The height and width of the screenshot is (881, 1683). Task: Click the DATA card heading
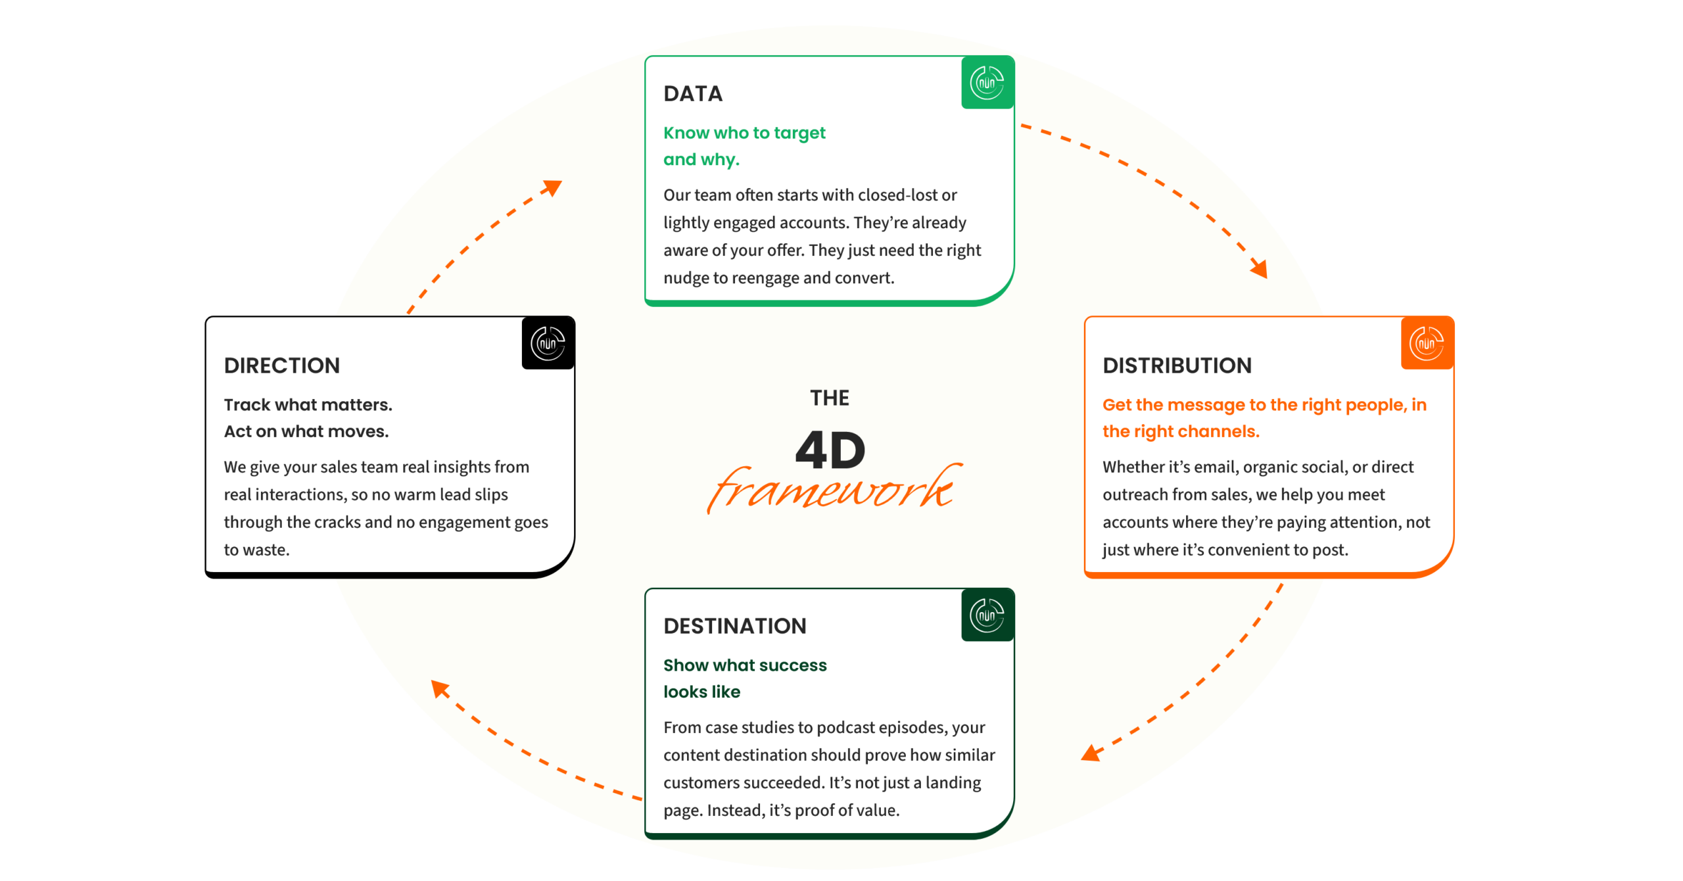[x=692, y=94]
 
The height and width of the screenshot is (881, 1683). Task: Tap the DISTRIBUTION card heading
[x=1176, y=366]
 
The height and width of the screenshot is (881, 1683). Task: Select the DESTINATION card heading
[x=734, y=626]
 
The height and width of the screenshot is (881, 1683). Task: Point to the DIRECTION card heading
[x=281, y=366]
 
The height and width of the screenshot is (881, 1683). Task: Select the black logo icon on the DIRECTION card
[x=547, y=343]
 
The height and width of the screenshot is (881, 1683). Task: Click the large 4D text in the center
[x=830, y=451]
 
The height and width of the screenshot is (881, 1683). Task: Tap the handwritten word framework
[x=832, y=490]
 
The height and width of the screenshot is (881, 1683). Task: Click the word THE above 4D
[x=829, y=398]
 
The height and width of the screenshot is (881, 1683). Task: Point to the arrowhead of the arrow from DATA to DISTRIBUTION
[x=1260, y=268]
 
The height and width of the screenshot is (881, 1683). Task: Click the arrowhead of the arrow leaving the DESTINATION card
[x=440, y=689]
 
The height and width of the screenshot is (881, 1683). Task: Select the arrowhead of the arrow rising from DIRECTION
[x=553, y=188]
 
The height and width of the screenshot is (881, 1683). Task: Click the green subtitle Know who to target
[x=744, y=133]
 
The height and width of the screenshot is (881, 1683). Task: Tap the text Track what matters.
[x=308, y=405]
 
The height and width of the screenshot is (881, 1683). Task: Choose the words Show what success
[x=744, y=665]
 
